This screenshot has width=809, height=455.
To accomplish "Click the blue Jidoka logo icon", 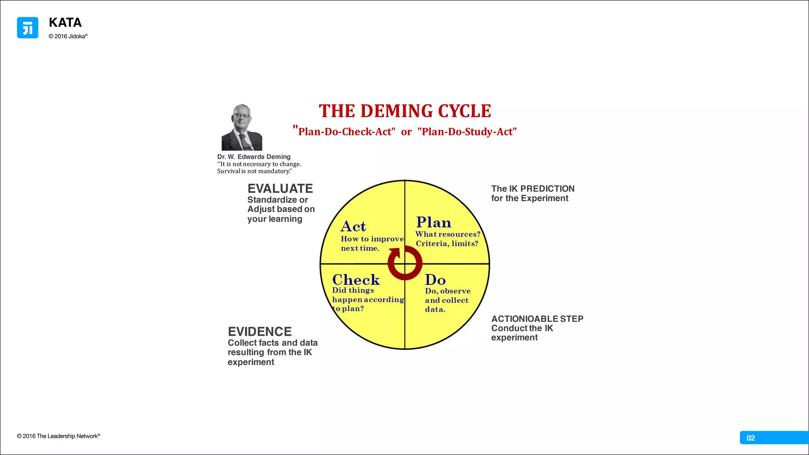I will coord(28,28).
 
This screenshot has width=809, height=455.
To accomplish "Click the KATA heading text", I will coord(65,23).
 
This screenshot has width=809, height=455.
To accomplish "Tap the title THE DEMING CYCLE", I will coord(405,111).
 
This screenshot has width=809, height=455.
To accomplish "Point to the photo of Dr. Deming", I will coord(242,127).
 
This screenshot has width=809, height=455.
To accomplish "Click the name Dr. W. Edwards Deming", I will coord(254,157).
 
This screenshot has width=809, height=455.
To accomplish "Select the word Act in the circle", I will coord(353,226).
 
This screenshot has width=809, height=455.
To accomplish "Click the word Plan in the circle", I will coord(433,222).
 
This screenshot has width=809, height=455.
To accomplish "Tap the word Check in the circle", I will coord(356,280).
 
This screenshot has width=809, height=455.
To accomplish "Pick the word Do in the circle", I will coord(435,280).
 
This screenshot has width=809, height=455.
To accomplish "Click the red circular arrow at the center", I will coord(405,263).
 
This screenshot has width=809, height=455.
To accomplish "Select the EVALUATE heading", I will coord(280,188).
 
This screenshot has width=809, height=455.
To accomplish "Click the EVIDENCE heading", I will coord(260,331).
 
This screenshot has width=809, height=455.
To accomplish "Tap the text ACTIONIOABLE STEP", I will coord(537,319).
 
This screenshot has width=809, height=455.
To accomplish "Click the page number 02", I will coord(751,438).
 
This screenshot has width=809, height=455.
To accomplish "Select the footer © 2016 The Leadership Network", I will coord(58,436).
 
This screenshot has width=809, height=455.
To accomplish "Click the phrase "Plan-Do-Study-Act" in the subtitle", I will coord(467,132).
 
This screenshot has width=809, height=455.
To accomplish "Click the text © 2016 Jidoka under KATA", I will coord(68,36).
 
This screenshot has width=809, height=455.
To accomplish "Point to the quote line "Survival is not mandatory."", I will coord(254,171).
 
